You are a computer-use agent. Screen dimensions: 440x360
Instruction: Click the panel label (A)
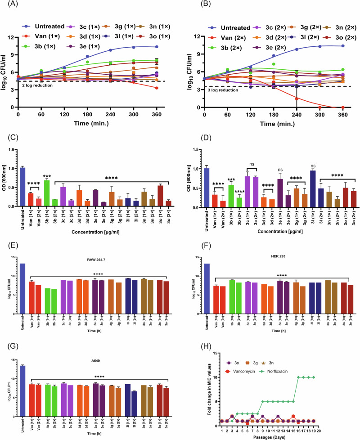pyautogui.click(x=8, y=5)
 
